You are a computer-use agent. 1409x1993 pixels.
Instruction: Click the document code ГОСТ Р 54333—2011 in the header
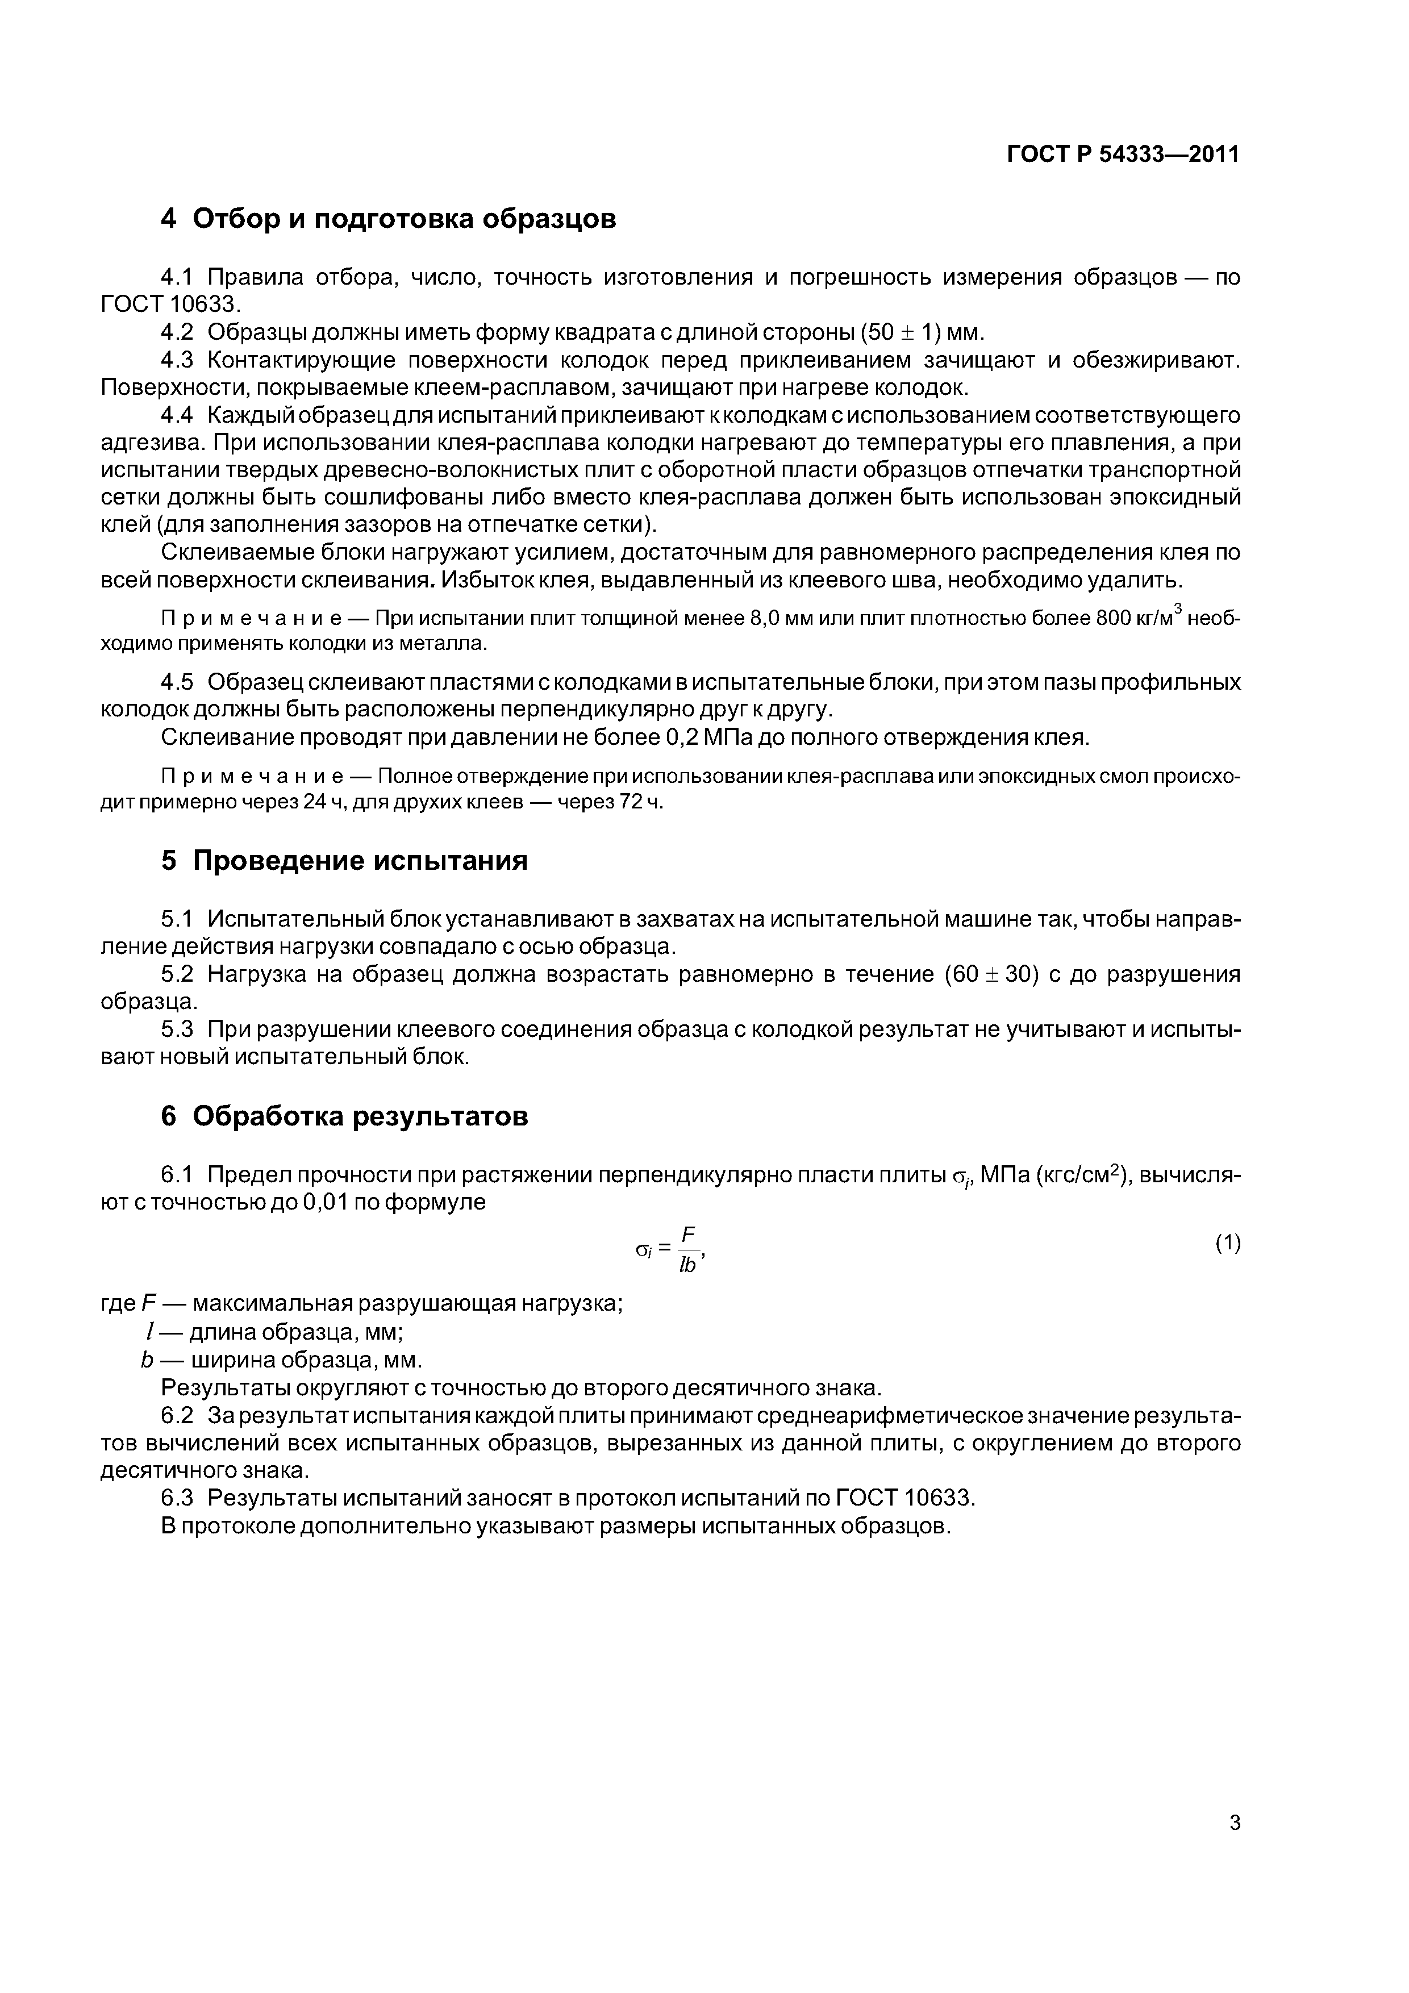pos(1123,155)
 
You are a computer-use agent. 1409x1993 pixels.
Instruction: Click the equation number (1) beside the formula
pos(1228,1244)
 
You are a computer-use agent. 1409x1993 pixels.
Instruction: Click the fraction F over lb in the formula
pos(689,1249)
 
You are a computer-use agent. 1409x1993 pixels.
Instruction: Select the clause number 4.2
pos(178,332)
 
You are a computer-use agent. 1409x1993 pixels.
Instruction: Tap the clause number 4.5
pos(178,682)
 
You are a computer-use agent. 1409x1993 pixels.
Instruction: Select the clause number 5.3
pos(178,1029)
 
